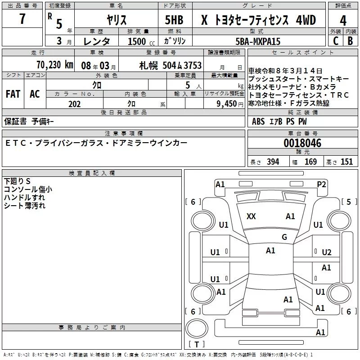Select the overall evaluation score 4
(343, 21)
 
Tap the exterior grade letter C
(336, 40)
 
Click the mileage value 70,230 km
(54, 65)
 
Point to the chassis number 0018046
(302, 144)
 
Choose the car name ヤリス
(117, 20)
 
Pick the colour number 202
(74, 104)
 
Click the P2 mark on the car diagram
(321, 184)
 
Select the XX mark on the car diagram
(251, 216)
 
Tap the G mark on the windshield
(284, 237)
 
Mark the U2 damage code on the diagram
(326, 252)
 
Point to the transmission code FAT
(13, 94)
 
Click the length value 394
(273, 162)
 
